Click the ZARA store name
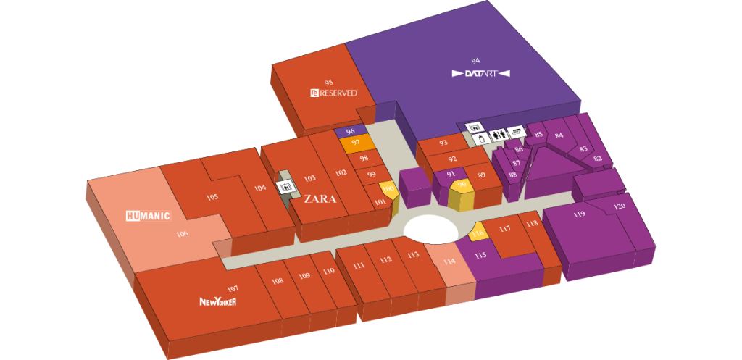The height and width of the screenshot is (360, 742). tap(320, 198)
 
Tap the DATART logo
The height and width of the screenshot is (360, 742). tap(481, 73)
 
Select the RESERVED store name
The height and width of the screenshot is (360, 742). tap(333, 93)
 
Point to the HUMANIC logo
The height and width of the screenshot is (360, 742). tap(147, 215)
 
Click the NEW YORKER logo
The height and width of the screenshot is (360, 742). tap(218, 301)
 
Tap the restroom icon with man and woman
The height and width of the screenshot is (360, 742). tap(499, 133)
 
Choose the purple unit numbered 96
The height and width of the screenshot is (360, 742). tap(350, 131)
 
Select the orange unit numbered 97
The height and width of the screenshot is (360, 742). tap(356, 143)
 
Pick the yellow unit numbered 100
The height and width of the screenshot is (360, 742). tap(388, 190)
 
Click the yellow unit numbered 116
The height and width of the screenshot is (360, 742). tap(478, 233)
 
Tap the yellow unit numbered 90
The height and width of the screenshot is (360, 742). tap(462, 185)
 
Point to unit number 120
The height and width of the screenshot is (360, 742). tap(619, 207)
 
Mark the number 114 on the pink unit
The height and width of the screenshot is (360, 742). tap(450, 261)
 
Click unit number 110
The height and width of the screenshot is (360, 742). tap(329, 271)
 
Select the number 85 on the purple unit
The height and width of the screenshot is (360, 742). tap(538, 134)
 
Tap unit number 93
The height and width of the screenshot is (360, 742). tap(443, 143)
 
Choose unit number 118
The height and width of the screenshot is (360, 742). tap(533, 224)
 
